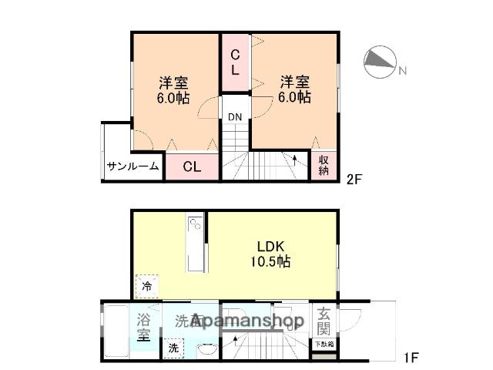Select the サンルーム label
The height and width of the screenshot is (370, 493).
132,166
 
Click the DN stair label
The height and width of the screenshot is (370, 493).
234,117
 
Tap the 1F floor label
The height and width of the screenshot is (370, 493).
411,358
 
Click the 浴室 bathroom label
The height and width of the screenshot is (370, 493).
143,327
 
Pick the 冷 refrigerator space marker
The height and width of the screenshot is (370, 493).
147,287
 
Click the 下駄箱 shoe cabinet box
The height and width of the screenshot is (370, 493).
323,345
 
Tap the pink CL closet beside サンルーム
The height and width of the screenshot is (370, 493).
192,166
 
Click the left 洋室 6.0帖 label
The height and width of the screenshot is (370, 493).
174,90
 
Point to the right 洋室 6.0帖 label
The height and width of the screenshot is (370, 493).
295,89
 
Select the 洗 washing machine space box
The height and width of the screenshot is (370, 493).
173,348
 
